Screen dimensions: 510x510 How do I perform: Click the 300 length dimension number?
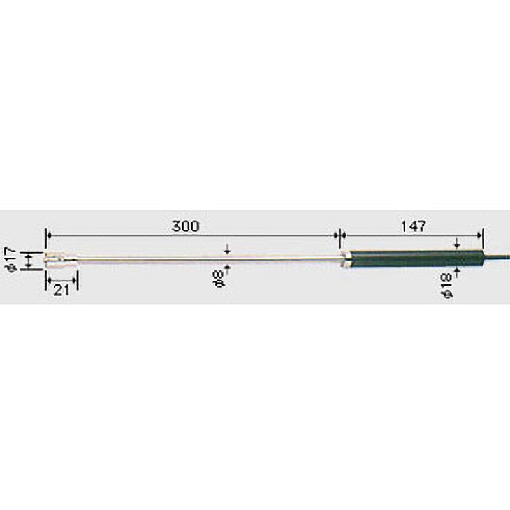[x=185, y=226]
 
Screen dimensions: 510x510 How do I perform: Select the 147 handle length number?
[x=413, y=226]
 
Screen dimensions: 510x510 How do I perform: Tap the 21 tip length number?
[x=61, y=290]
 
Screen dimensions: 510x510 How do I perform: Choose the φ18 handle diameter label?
[x=447, y=286]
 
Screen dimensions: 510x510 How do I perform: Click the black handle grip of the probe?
[x=416, y=259]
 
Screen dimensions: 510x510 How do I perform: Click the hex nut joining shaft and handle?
[x=344, y=259]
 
